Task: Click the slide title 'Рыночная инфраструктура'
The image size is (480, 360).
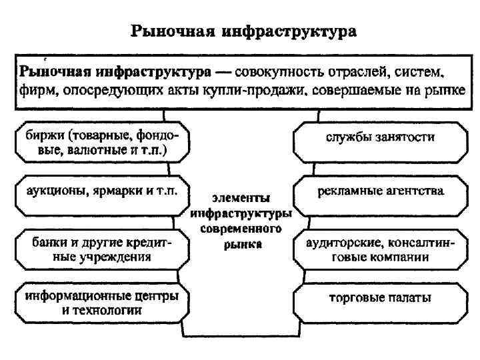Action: pyautogui.click(x=244, y=31)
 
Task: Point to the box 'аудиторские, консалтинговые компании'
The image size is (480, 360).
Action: pyautogui.click(x=380, y=247)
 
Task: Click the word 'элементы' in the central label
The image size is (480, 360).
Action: pyautogui.click(x=241, y=198)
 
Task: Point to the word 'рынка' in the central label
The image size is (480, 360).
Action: pyautogui.click(x=241, y=244)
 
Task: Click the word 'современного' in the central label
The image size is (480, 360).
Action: pyautogui.click(x=241, y=229)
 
